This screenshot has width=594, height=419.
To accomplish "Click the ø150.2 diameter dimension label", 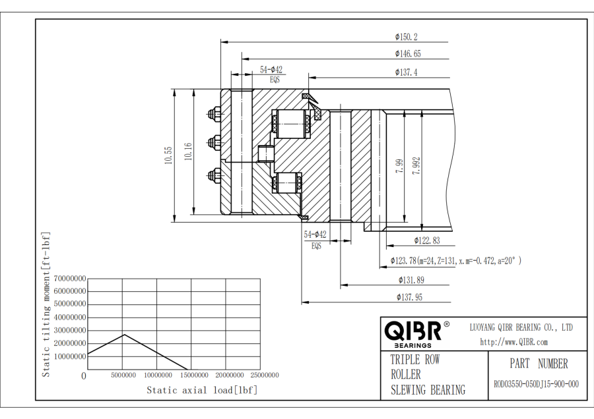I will pyautogui.click(x=406, y=37).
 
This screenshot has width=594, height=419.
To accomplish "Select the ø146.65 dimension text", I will pyautogui.click(x=408, y=54).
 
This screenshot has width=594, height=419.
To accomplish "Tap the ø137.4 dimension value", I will pyautogui.click(x=406, y=72).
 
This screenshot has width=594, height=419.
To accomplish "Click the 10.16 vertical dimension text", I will pyautogui.click(x=188, y=152).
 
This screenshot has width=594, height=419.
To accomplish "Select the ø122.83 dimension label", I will pyautogui.click(x=427, y=241).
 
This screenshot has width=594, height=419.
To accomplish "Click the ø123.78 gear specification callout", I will pyautogui.click(x=455, y=261).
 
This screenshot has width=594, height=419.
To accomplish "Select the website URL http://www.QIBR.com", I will pyautogui.click(x=513, y=342).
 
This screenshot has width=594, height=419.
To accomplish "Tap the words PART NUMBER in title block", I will pyautogui.click(x=539, y=364).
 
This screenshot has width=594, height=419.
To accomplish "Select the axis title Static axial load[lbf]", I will pyautogui.click(x=202, y=390).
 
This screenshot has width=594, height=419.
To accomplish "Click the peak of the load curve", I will pyautogui.click(x=123, y=334).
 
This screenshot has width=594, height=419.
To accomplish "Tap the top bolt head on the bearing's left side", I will pyautogui.click(x=214, y=115).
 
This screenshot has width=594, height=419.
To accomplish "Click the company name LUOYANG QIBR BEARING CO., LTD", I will pyautogui.click(x=521, y=327).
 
